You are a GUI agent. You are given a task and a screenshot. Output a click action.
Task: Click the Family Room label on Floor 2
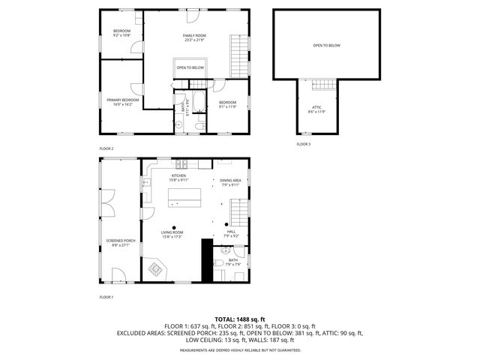click(194, 36)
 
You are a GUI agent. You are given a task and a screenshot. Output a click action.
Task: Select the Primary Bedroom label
click(123, 100)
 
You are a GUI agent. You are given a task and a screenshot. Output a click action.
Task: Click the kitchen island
click(184, 196)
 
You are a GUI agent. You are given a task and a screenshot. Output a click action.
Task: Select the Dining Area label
click(230, 181)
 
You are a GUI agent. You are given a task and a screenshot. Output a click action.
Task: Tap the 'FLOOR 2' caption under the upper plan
click(106, 148)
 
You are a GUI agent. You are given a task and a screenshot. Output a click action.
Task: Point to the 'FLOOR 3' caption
click(303, 143)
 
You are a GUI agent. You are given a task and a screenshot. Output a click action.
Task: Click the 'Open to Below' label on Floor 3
click(326, 46)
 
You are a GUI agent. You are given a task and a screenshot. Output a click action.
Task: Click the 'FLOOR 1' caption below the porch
click(106, 298)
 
